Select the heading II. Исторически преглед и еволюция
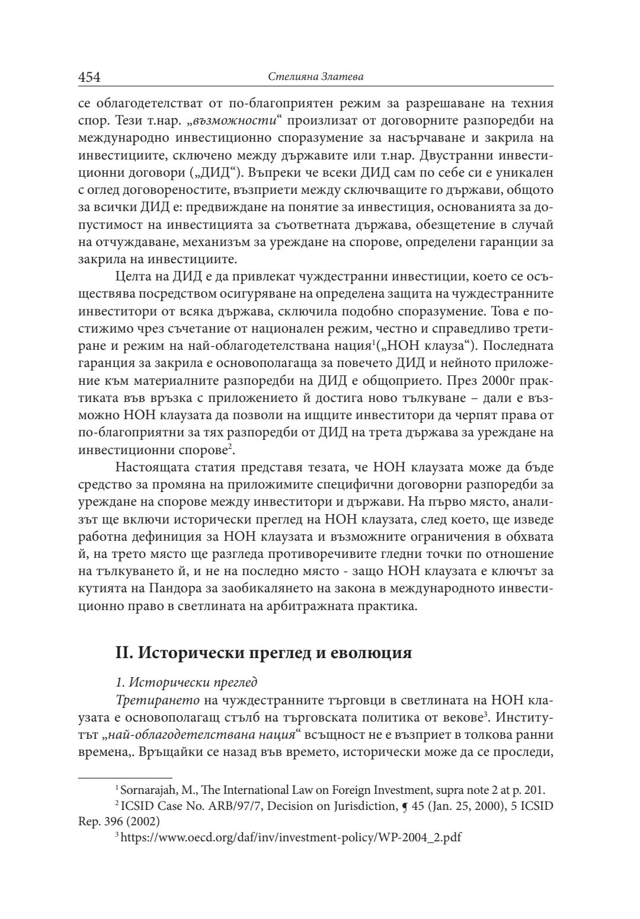pyautogui.click(x=263, y=654)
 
